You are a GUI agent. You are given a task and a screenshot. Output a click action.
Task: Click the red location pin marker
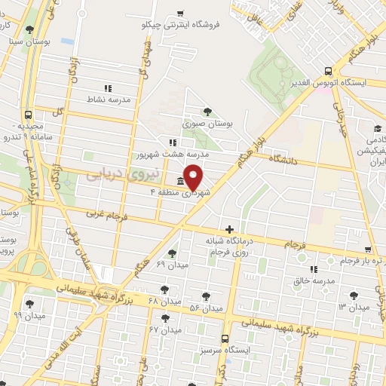pyautogui.click(x=194, y=176)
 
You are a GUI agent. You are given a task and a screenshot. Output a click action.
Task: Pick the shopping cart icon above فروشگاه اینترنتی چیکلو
pyautogui.click(x=180, y=14)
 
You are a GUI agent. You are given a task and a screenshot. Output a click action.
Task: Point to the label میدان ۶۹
pyautogui.click(x=170, y=265)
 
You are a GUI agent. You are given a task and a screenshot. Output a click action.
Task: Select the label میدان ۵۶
pyautogui.click(x=206, y=308)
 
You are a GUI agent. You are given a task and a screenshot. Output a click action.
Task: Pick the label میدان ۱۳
pyautogui.click(x=353, y=307)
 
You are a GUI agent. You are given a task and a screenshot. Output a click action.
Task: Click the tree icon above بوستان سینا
pyautogui.click(x=29, y=29)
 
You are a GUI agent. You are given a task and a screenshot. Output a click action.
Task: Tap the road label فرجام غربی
pyautogui.click(x=108, y=213)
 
